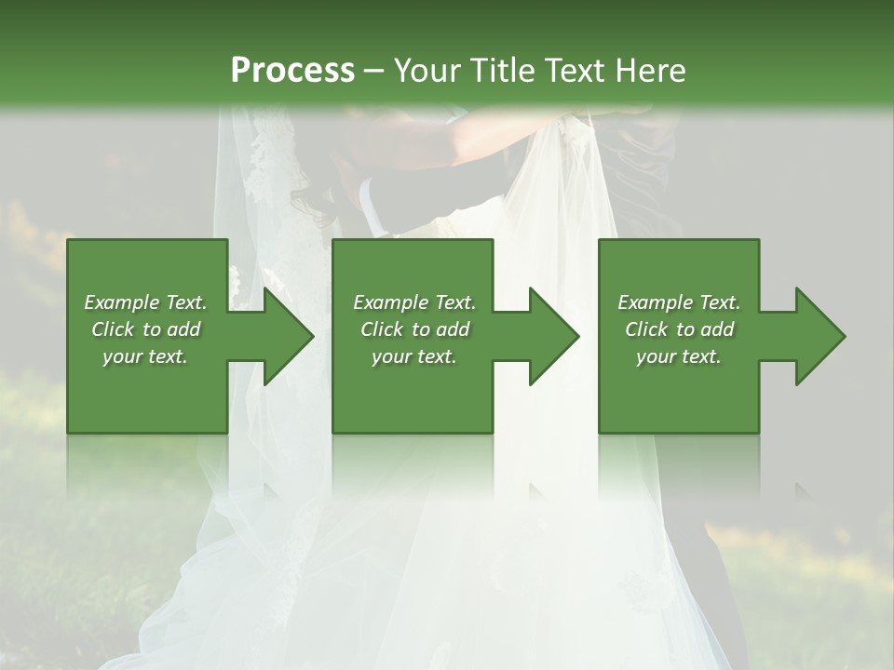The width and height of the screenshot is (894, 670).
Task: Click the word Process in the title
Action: (x=292, y=70)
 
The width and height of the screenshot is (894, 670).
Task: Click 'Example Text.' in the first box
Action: (x=145, y=302)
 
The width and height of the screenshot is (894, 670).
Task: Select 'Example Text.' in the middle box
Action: (x=414, y=302)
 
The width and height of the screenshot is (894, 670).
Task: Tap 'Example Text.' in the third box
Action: (x=679, y=302)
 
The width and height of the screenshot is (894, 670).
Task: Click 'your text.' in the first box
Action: (x=145, y=356)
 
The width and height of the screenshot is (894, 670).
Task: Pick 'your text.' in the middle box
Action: (x=414, y=356)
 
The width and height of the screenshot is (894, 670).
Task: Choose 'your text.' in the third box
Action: (x=679, y=356)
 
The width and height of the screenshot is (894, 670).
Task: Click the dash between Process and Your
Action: (x=373, y=72)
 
